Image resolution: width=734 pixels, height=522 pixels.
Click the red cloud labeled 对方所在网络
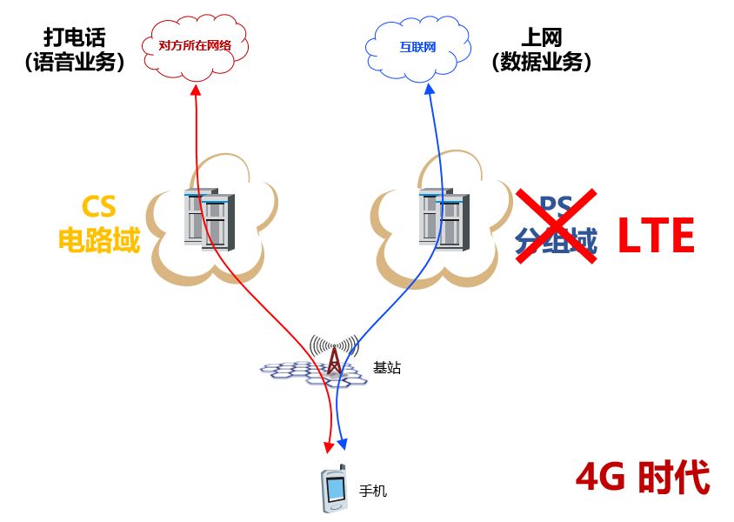coord(195,45)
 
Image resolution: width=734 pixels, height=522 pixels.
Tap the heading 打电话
coord(74,37)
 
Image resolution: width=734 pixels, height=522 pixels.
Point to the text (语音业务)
coord(74,63)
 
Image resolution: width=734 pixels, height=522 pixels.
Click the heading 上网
coord(541,37)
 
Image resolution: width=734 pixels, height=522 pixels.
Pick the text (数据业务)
coord(541,63)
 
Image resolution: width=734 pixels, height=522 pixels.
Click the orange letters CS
coord(98,206)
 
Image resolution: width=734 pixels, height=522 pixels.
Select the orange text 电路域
coord(98,239)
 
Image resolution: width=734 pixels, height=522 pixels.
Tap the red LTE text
coord(656,236)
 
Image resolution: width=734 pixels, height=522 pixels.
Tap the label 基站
coord(387,368)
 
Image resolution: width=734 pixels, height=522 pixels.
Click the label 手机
coord(373,492)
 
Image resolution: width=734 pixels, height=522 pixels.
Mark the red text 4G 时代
coord(643,478)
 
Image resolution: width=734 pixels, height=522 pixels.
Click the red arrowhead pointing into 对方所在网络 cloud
coord(196,90)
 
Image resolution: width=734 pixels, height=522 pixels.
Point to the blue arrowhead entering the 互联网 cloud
coord(428,90)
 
